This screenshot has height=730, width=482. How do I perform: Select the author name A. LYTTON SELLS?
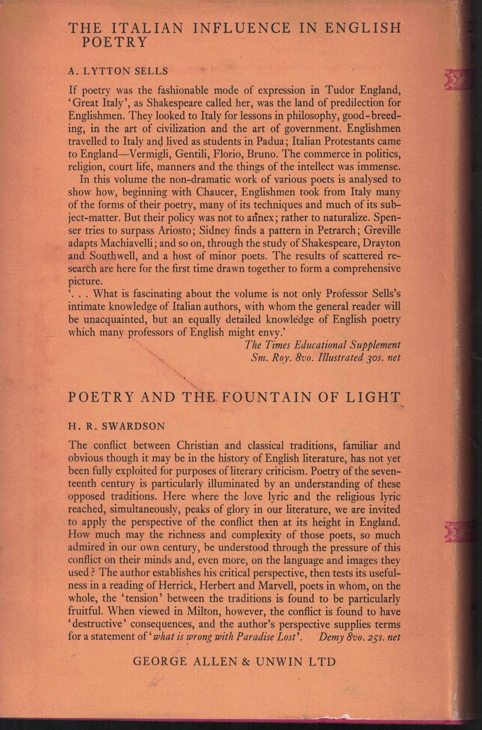118,71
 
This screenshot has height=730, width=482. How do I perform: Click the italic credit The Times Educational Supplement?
323,344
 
